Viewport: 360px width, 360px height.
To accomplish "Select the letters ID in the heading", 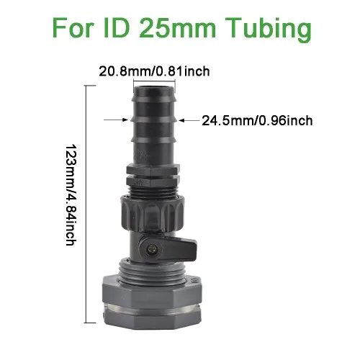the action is click(117, 27).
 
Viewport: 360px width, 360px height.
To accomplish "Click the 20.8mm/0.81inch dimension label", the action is click(154, 71).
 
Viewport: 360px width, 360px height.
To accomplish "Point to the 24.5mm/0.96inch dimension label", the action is click(257, 120).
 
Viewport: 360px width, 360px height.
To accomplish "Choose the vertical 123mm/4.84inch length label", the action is click(71, 194).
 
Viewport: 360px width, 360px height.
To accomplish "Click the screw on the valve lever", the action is click(152, 250).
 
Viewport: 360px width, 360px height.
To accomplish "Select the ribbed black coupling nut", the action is click(153, 214).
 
